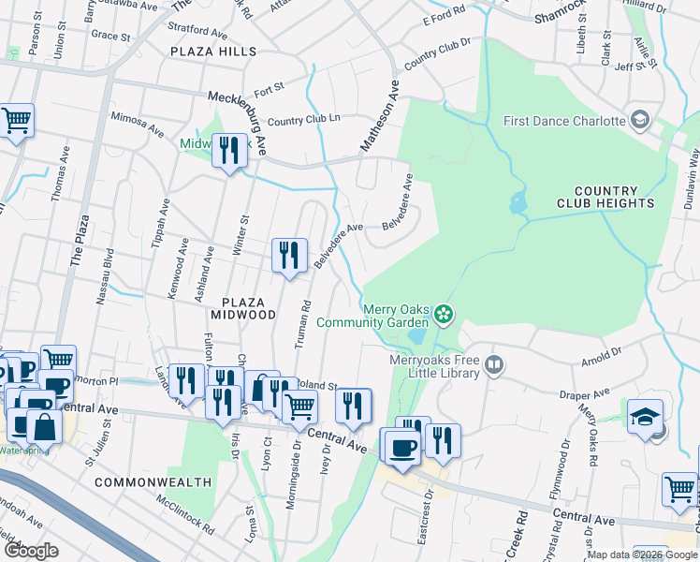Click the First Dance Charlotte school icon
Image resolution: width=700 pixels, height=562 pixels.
[x=640, y=120]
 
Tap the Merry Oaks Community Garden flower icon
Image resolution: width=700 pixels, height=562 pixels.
[x=445, y=314]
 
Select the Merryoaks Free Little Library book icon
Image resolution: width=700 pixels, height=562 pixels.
[x=494, y=364]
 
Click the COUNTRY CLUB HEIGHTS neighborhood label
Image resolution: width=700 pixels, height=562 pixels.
[x=605, y=197]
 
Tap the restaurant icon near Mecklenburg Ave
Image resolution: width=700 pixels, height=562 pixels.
[x=228, y=150]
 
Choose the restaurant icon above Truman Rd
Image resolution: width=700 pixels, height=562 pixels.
[x=289, y=254]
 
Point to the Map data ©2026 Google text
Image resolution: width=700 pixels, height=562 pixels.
[x=641, y=555]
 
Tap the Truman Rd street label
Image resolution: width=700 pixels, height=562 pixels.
[x=302, y=325]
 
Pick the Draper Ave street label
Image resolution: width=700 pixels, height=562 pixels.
[x=586, y=393]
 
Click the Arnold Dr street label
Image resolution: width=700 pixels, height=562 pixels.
[x=600, y=357]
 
